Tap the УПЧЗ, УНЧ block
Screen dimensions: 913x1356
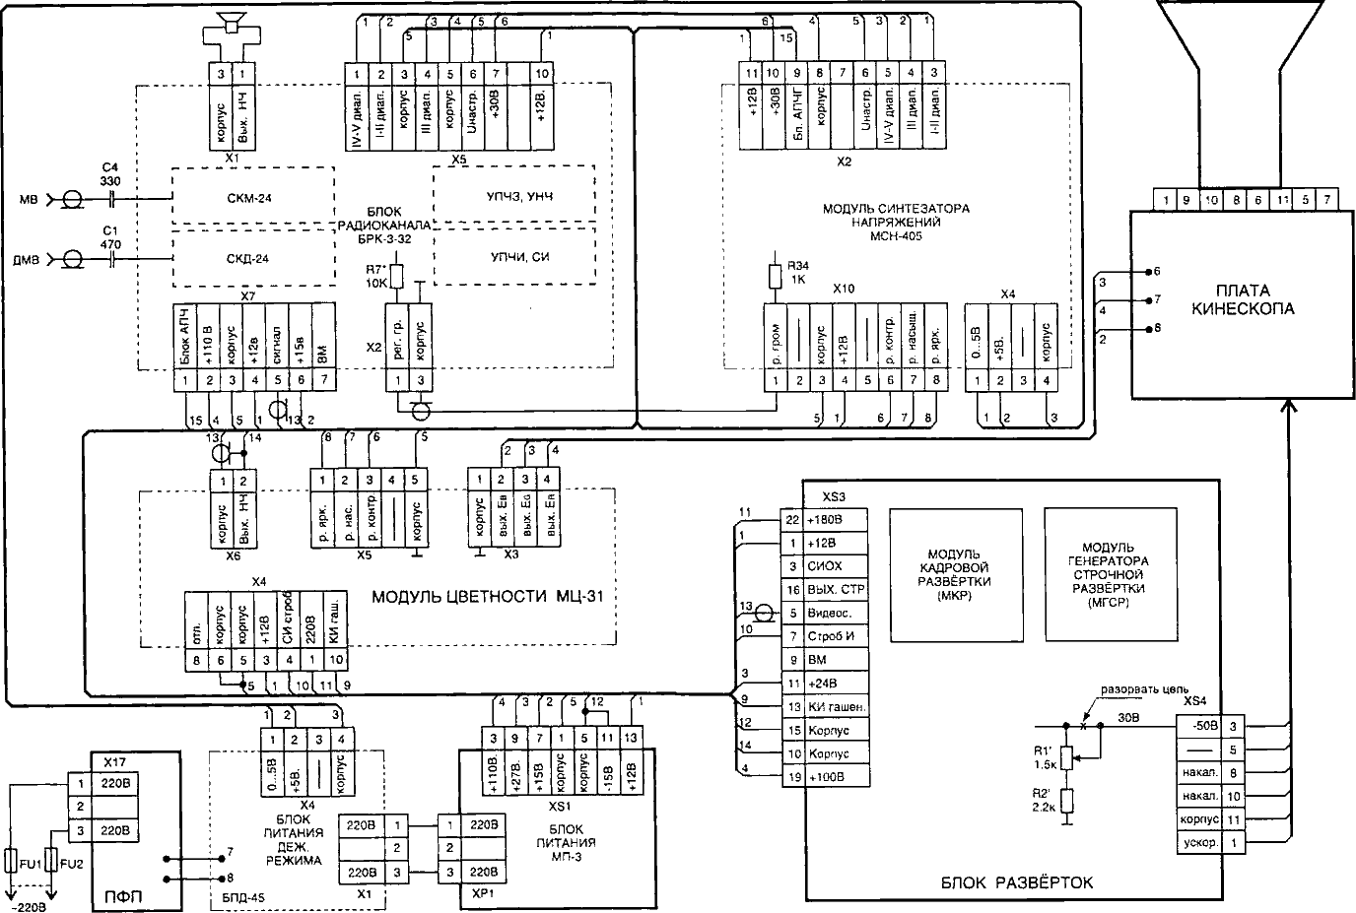pos(514,197)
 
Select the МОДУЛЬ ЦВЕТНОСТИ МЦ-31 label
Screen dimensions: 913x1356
pos(486,597)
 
